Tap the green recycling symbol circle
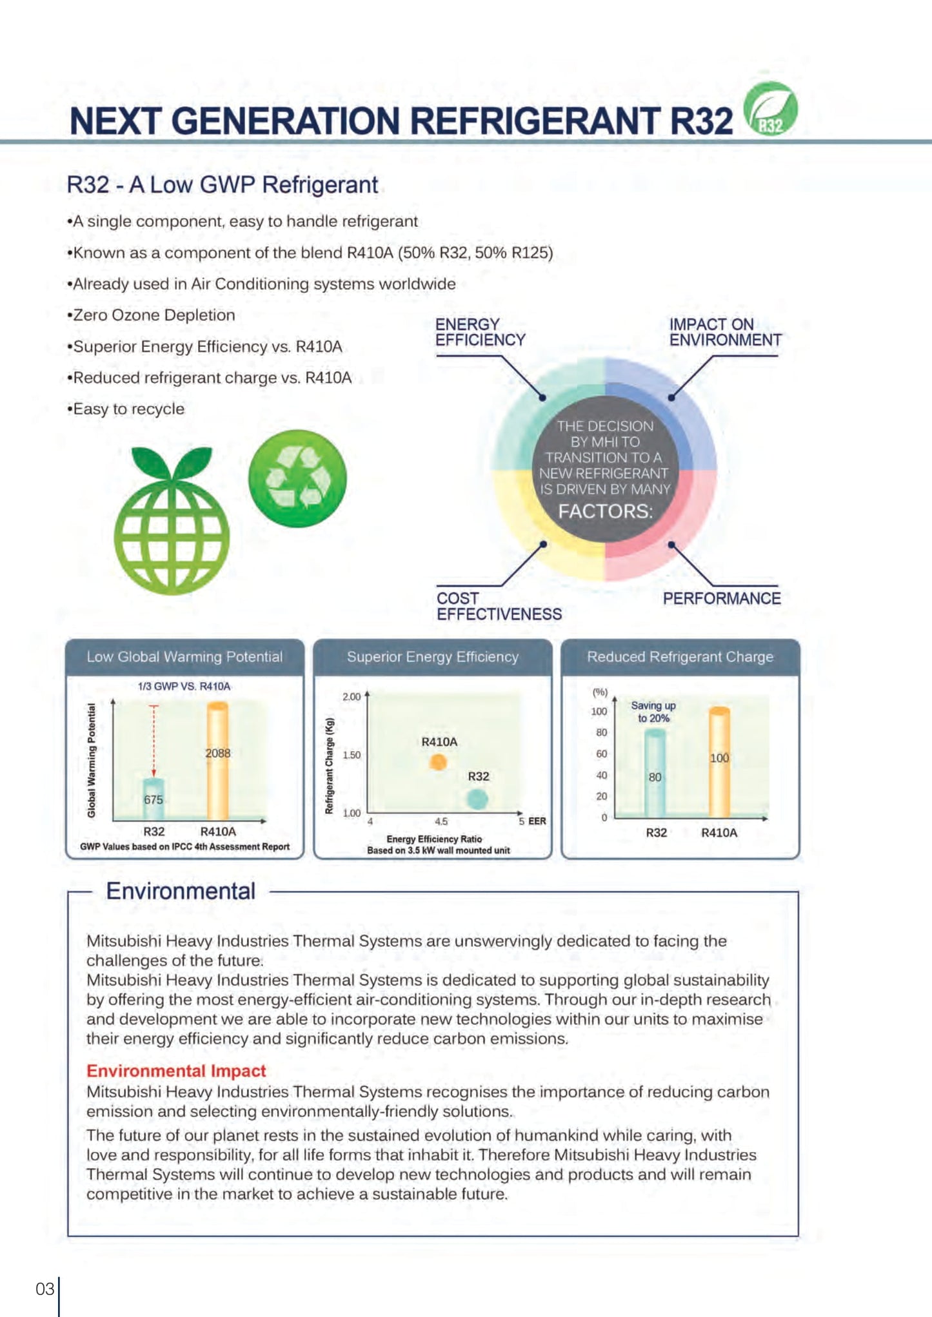click(x=297, y=478)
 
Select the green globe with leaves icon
click(x=172, y=521)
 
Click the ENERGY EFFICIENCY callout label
click(x=480, y=332)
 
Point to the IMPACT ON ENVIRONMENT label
click(x=724, y=332)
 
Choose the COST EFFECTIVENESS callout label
click(x=499, y=606)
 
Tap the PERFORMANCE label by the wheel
click(x=721, y=598)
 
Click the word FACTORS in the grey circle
click(x=605, y=511)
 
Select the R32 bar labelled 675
click(x=154, y=799)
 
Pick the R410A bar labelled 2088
click(x=217, y=761)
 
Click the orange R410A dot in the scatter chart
click(x=438, y=762)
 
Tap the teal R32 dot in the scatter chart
click(x=477, y=799)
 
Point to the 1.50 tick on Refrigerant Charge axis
click(x=352, y=755)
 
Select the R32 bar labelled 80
click(x=655, y=774)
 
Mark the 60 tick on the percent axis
click(x=601, y=754)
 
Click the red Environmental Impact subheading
click(x=176, y=1071)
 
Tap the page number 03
click(x=45, y=1289)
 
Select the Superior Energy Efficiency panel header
click(x=432, y=657)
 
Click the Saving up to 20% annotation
click(x=653, y=712)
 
